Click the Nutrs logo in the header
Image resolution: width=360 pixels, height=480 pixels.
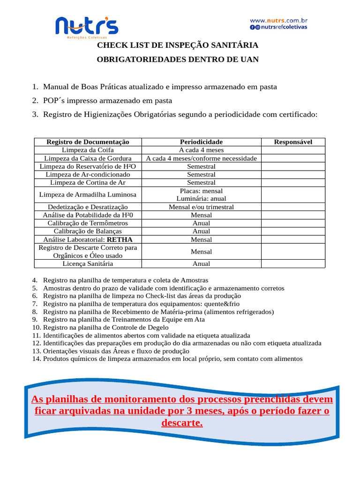click(87, 27)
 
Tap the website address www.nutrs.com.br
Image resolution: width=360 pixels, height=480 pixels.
click(278, 21)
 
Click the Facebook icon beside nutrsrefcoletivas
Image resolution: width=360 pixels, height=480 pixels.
click(252, 27)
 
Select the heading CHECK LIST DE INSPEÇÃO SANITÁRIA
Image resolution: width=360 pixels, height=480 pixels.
click(177, 45)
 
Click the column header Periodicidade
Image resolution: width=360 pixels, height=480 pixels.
click(201, 142)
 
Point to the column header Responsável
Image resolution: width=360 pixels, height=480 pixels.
click(293, 142)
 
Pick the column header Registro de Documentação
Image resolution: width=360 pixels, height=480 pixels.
click(88, 142)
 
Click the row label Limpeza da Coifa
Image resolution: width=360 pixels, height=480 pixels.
click(88, 150)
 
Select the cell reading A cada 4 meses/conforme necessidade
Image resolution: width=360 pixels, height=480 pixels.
click(201, 158)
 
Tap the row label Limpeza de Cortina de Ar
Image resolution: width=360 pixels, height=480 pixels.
click(88, 182)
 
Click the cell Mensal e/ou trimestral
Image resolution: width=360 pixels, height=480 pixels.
click(201, 207)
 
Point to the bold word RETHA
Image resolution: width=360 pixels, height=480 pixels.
click(120, 240)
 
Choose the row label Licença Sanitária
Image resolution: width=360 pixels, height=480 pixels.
click(88, 264)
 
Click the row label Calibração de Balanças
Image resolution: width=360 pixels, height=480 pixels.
click(88, 231)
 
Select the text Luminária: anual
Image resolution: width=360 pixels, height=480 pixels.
click(201, 199)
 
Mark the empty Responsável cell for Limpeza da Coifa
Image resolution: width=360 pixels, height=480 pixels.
click(293, 150)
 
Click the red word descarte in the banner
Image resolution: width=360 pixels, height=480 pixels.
click(182, 423)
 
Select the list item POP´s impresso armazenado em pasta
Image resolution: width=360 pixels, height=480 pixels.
click(107, 101)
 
